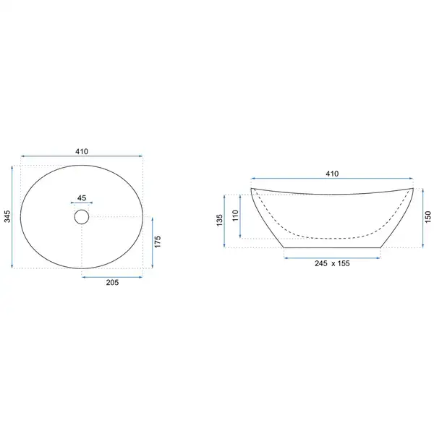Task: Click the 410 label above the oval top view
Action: tap(82, 151)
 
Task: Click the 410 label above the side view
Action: tap(332, 174)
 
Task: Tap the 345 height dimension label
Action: tap(7, 216)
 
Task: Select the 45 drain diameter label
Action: tap(82, 198)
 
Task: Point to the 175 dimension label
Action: tap(158, 242)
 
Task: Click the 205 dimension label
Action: tap(112, 282)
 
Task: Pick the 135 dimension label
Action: tap(219, 221)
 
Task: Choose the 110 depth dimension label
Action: tap(235, 216)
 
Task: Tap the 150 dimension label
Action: tap(428, 217)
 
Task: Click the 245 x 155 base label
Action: tap(332, 263)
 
